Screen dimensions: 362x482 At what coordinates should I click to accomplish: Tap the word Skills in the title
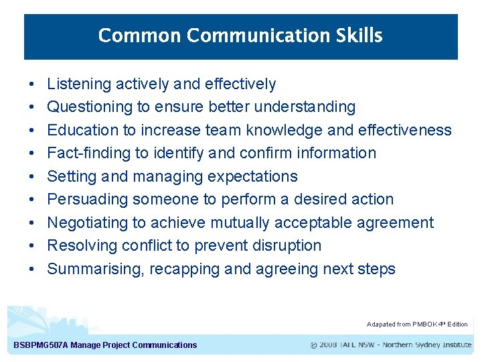[x=360, y=36]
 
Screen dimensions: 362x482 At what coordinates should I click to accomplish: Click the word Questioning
[x=90, y=107]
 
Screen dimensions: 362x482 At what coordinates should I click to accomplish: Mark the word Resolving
[x=82, y=246]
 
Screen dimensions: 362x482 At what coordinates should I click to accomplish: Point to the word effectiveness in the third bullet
[x=405, y=130]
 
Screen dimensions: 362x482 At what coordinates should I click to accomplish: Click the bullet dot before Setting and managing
[x=32, y=177]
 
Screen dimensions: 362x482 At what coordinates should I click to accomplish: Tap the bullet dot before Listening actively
[x=32, y=84]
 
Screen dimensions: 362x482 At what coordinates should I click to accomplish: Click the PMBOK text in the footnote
[x=426, y=324]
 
